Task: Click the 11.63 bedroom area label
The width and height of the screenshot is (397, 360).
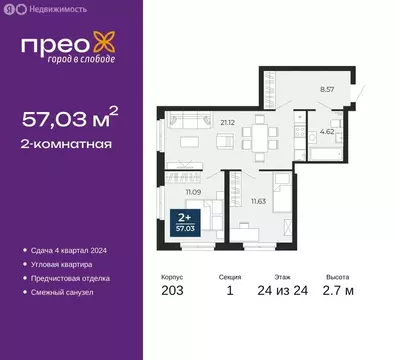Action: click(x=257, y=201)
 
